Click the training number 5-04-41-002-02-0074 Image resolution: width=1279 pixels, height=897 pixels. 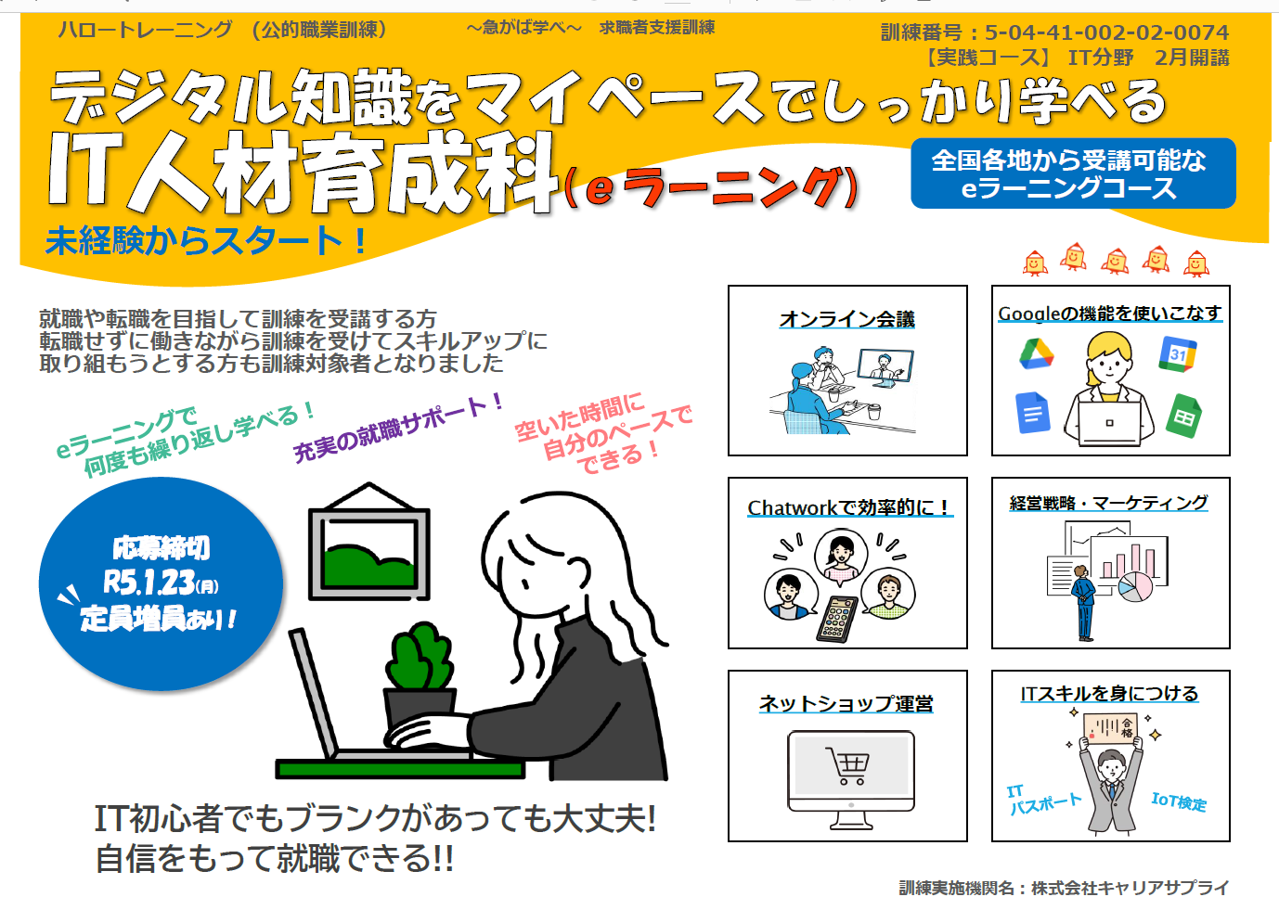tap(1106, 32)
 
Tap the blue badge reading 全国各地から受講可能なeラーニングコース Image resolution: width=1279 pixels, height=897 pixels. tap(1073, 173)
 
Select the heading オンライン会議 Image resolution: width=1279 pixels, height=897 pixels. tap(846, 319)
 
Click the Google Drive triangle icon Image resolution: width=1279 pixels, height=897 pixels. tap(1037, 353)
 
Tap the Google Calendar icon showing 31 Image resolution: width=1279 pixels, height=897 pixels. tap(1177, 354)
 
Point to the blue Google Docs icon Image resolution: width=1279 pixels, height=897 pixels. tap(1033, 412)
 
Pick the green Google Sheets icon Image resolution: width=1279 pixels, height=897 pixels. tap(1183, 416)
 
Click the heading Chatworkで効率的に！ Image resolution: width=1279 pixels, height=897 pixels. tap(849, 507)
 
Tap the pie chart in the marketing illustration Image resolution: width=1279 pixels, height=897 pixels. tap(1134, 586)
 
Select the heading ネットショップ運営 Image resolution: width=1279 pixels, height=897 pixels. tap(846, 703)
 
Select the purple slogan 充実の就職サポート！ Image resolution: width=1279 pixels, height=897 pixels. tap(399, 428)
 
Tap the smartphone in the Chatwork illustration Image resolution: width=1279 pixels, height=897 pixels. tap(837, 619)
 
